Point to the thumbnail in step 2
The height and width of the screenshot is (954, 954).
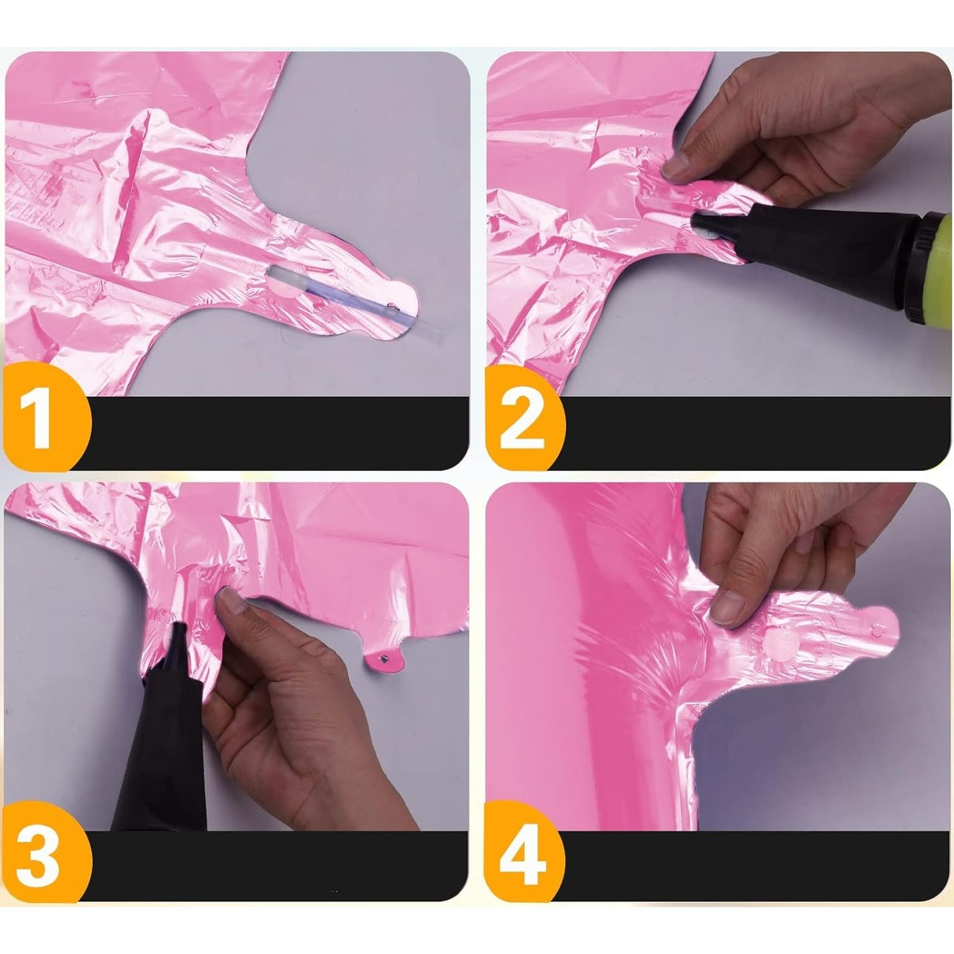[x=676, y=165]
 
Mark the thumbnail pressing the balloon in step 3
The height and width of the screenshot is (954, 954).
[x=231, y=604]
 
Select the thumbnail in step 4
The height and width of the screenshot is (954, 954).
[x=728, y=607]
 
